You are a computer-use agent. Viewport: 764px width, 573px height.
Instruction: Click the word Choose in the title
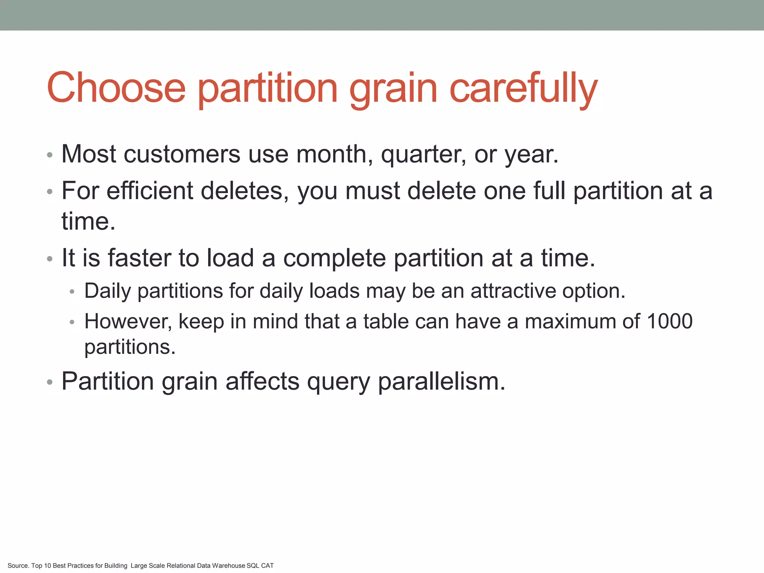[x=116, y=88]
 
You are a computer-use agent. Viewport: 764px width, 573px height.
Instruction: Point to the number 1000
[x=670, y=321]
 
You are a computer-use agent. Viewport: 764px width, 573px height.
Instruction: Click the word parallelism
[x=442, y=382]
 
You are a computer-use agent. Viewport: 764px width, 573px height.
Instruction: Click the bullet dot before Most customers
[x=50, y=154]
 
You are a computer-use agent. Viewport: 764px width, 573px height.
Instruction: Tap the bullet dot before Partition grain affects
[x=50, y=382]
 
